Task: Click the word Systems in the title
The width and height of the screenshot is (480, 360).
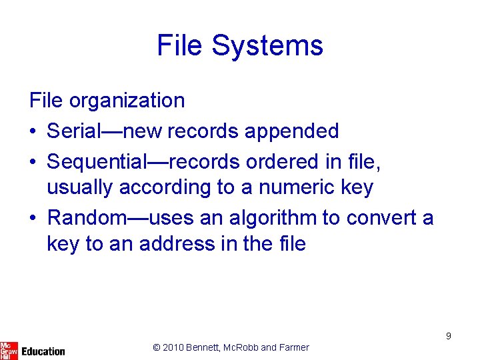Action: click(x=267, y=46)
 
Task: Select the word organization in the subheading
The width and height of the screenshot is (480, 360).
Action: click(x=127, y=101)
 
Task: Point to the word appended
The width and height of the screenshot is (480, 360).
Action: click(x=292, y=131)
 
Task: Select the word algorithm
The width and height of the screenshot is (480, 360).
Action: click(x=272, y=218)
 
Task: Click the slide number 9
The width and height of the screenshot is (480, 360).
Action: click(x=449, y=336)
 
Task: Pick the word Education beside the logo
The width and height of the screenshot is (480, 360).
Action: click(x=43, y=351)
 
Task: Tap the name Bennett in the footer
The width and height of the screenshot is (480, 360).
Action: click(x=207, y=347)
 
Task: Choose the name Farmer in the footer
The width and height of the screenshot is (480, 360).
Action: click(x=294, y=347)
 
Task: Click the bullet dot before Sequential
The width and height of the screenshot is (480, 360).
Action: click(x=34, y=162)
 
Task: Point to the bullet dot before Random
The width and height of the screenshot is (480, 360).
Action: click(x=34, y=219)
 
